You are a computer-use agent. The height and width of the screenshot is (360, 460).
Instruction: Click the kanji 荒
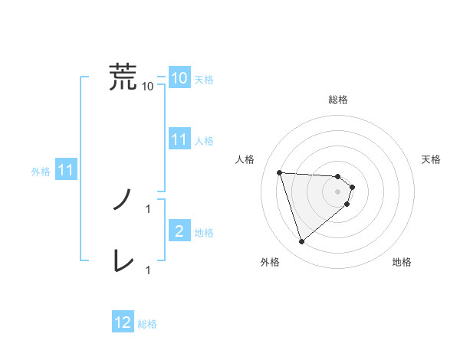(x=123, y=77)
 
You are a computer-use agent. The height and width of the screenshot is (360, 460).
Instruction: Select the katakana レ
(x=123, y=261)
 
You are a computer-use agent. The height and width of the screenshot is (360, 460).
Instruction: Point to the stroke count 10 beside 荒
(x=148, y=87)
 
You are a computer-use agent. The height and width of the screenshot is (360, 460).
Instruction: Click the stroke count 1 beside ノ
(x=148, y=208)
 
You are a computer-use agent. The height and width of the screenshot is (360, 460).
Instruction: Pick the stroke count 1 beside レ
(x=148, y=270)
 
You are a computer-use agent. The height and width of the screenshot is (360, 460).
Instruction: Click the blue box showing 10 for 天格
(x=179, y=78)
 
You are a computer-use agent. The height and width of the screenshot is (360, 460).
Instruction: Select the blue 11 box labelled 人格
(x=179, y=139)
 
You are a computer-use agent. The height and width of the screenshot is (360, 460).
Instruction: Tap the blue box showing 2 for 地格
(x=179, y=231)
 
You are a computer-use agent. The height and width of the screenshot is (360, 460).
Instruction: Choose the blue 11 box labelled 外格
(x=66, y=171)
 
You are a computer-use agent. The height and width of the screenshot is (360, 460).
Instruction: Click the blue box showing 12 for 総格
(x=123, y=322)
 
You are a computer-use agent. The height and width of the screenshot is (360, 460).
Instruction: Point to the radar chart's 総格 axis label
(x=338, y=100)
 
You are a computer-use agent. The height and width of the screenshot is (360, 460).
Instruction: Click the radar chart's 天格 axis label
(x=431, y=159)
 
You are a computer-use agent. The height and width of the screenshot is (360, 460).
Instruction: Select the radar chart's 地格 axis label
(x=402, y=263)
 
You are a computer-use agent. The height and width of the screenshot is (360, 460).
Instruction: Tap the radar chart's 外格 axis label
(x=271, y=263)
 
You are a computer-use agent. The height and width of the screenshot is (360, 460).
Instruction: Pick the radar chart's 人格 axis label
(x=245, y=159)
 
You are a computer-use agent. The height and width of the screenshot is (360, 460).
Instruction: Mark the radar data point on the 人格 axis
(x=280, y=172)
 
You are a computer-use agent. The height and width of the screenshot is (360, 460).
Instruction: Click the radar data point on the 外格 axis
(x=302, y=242)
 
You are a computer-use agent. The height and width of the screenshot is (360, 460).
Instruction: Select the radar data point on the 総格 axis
(x=338, y=176)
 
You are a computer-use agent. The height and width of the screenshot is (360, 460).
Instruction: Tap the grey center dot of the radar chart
(x=338, y=191)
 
